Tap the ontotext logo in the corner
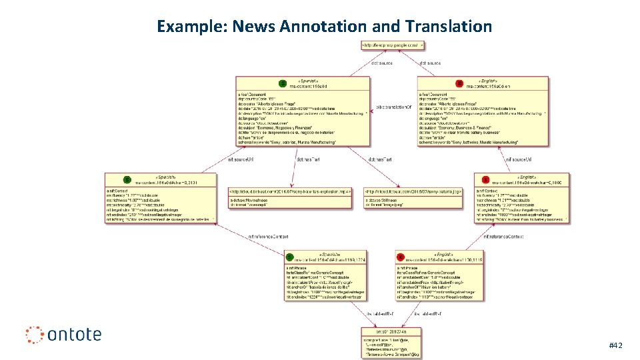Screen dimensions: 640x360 [63, 333]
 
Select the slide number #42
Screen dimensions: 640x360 [615, 345]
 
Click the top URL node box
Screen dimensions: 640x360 [392, 45]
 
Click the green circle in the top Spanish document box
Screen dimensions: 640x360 [283, 84]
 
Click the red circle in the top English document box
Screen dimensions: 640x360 [459, 84]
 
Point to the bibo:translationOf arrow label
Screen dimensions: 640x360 [394, 107]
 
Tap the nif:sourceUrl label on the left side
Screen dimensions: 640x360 [240, 159]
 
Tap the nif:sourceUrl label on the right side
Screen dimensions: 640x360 [518, 159]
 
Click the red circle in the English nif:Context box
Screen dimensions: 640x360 [485, 179]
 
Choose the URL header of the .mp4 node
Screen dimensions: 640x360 [290, 191]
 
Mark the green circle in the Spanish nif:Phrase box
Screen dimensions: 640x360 [289, 257]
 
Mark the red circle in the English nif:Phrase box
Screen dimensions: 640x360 [401, 257]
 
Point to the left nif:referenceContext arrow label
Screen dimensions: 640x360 [268, 236]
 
